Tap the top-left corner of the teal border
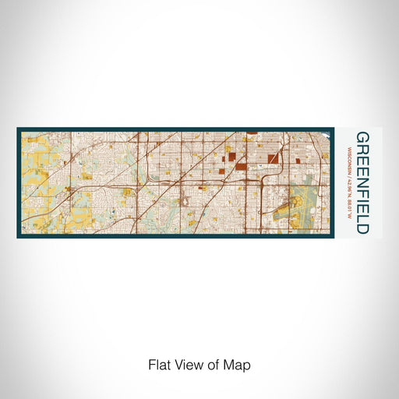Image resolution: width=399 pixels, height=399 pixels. coord(17,128)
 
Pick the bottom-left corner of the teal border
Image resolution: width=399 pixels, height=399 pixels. coord(17,238)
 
